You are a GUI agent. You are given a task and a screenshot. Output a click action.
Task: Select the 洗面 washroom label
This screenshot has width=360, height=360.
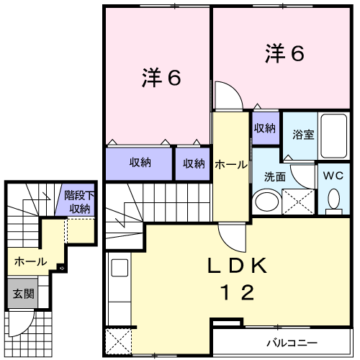pyautogui.click(x=274, y=176)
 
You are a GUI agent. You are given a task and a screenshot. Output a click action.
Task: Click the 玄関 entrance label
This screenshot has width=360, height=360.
pyautogui.click(x=20, y=294)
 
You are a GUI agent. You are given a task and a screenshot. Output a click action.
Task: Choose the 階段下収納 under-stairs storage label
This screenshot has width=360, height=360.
pyautogui.click(x=76, y=202)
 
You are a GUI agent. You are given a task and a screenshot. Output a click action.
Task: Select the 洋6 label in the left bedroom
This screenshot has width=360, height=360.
pyautogui.click(x=159, y=77)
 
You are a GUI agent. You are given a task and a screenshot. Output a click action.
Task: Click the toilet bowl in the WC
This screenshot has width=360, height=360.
pyautogui.click(x=333, y=199)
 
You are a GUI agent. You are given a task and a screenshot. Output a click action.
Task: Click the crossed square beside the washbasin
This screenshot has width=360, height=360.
pyautogui.click(x=297, y=199)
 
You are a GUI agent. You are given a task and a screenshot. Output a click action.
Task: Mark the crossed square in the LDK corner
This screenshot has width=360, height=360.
pyautogui.click(x=117, y=341)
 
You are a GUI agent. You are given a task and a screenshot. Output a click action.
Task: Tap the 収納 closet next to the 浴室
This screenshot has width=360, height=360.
pyautogui.click(x=264, y=128)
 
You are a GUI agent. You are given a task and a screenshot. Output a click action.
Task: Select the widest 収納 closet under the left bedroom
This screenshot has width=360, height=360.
pyautogui.click(x=140, y=163)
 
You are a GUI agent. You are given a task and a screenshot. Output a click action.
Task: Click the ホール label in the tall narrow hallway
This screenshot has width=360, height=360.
pyautogui.click(x=229, y=163)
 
